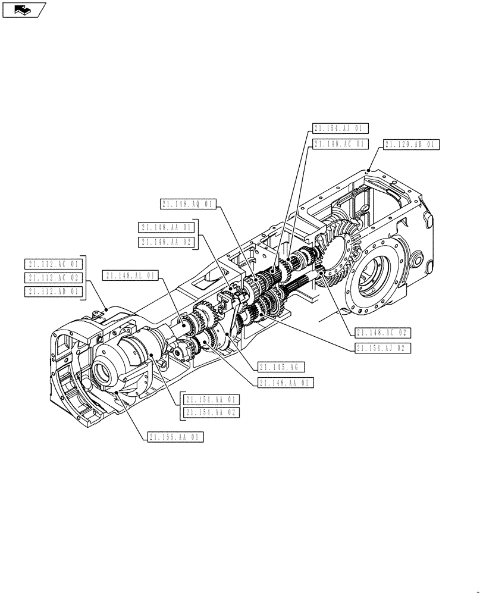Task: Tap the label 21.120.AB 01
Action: click(411, 145)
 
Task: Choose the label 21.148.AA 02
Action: click(166, 242)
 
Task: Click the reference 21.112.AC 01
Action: click(52, 264)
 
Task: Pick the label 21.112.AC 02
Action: click(52, 278)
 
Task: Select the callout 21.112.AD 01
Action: click(52, 292)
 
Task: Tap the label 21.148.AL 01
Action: click(130, 275)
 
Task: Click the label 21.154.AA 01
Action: click(212, 399)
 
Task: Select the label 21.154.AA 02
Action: click(212, 412)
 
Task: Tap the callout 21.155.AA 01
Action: click(176, 437)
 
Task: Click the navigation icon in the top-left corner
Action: click(24, 9)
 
